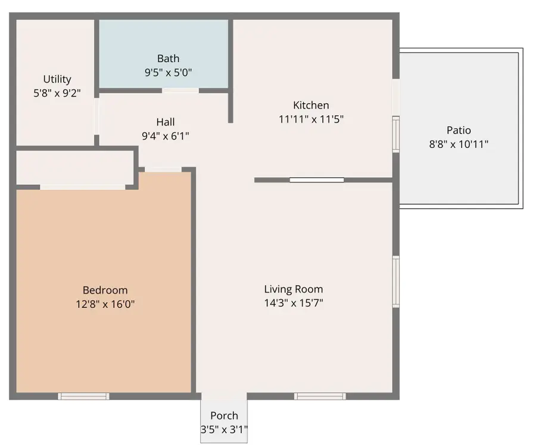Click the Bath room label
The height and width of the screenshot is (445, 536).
coord(168,58)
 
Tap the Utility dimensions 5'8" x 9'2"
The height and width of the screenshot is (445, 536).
coord(57,93)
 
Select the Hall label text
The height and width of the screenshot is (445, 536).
coord(166,122)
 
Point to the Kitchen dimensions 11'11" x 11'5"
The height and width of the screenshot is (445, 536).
coord(311,119)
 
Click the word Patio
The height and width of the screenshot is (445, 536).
coord(459,130)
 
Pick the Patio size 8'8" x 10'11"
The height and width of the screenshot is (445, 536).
coord(459,144)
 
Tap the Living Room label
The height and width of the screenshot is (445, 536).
coord(294,289)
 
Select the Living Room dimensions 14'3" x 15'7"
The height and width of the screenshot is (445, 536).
coord(294,302)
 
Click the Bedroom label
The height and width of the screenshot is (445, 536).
coord(105,291)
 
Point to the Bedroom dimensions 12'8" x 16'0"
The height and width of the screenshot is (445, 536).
coord(105,304)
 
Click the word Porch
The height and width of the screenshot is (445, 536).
coord(224,416)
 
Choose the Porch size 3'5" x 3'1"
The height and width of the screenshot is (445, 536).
coord(224,429)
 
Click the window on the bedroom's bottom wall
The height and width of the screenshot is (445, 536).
coord(84,396)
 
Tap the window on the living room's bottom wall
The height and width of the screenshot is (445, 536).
coord(320,396)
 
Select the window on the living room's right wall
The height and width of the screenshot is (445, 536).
coord(395,282)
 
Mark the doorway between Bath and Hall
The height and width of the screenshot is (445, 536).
coord(180,91)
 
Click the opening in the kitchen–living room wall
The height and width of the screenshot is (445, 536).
coord(317,180)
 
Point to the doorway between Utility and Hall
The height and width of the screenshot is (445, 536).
coord(96,117)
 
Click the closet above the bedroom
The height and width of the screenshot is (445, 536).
coord(74,168)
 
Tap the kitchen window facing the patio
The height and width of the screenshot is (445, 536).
coord(395,134)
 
